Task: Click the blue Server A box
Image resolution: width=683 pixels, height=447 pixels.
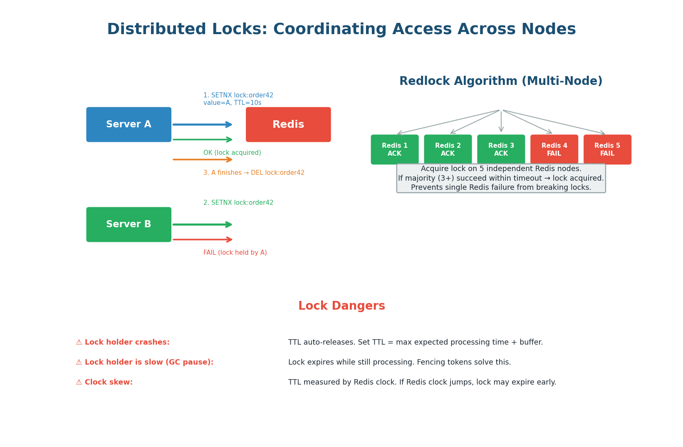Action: (129, 124)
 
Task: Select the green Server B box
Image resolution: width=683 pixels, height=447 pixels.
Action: (129, 224)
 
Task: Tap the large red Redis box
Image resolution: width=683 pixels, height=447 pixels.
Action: (288, 124)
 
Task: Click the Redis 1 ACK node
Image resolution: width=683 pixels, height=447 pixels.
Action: (395, 149)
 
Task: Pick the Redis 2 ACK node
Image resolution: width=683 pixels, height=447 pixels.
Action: (448, 149)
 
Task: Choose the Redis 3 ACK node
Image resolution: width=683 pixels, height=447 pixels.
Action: (501, 149)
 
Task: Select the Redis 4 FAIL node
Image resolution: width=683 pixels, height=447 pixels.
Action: (554, 149)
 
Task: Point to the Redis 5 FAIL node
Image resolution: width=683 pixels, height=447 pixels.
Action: (607, 149)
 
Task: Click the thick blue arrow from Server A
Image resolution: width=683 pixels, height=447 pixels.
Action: (202, 124)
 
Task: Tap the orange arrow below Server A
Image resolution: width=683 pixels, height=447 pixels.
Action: (202, 159)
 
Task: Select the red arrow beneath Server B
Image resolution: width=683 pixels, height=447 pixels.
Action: (202, 239)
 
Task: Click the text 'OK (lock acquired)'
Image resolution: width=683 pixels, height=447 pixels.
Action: (232, 153)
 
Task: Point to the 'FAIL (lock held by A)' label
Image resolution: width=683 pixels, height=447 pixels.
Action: (235, 253)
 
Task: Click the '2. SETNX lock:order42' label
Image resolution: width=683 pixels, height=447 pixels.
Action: (238, 203)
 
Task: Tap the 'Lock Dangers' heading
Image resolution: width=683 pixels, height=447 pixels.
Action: (341, 306)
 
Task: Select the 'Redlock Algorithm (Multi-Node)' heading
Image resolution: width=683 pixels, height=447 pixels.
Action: (501, 82)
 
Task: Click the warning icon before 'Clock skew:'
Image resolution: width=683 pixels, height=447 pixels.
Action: (79, 382)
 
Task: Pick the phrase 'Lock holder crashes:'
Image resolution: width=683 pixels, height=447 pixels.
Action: (127, 343)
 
